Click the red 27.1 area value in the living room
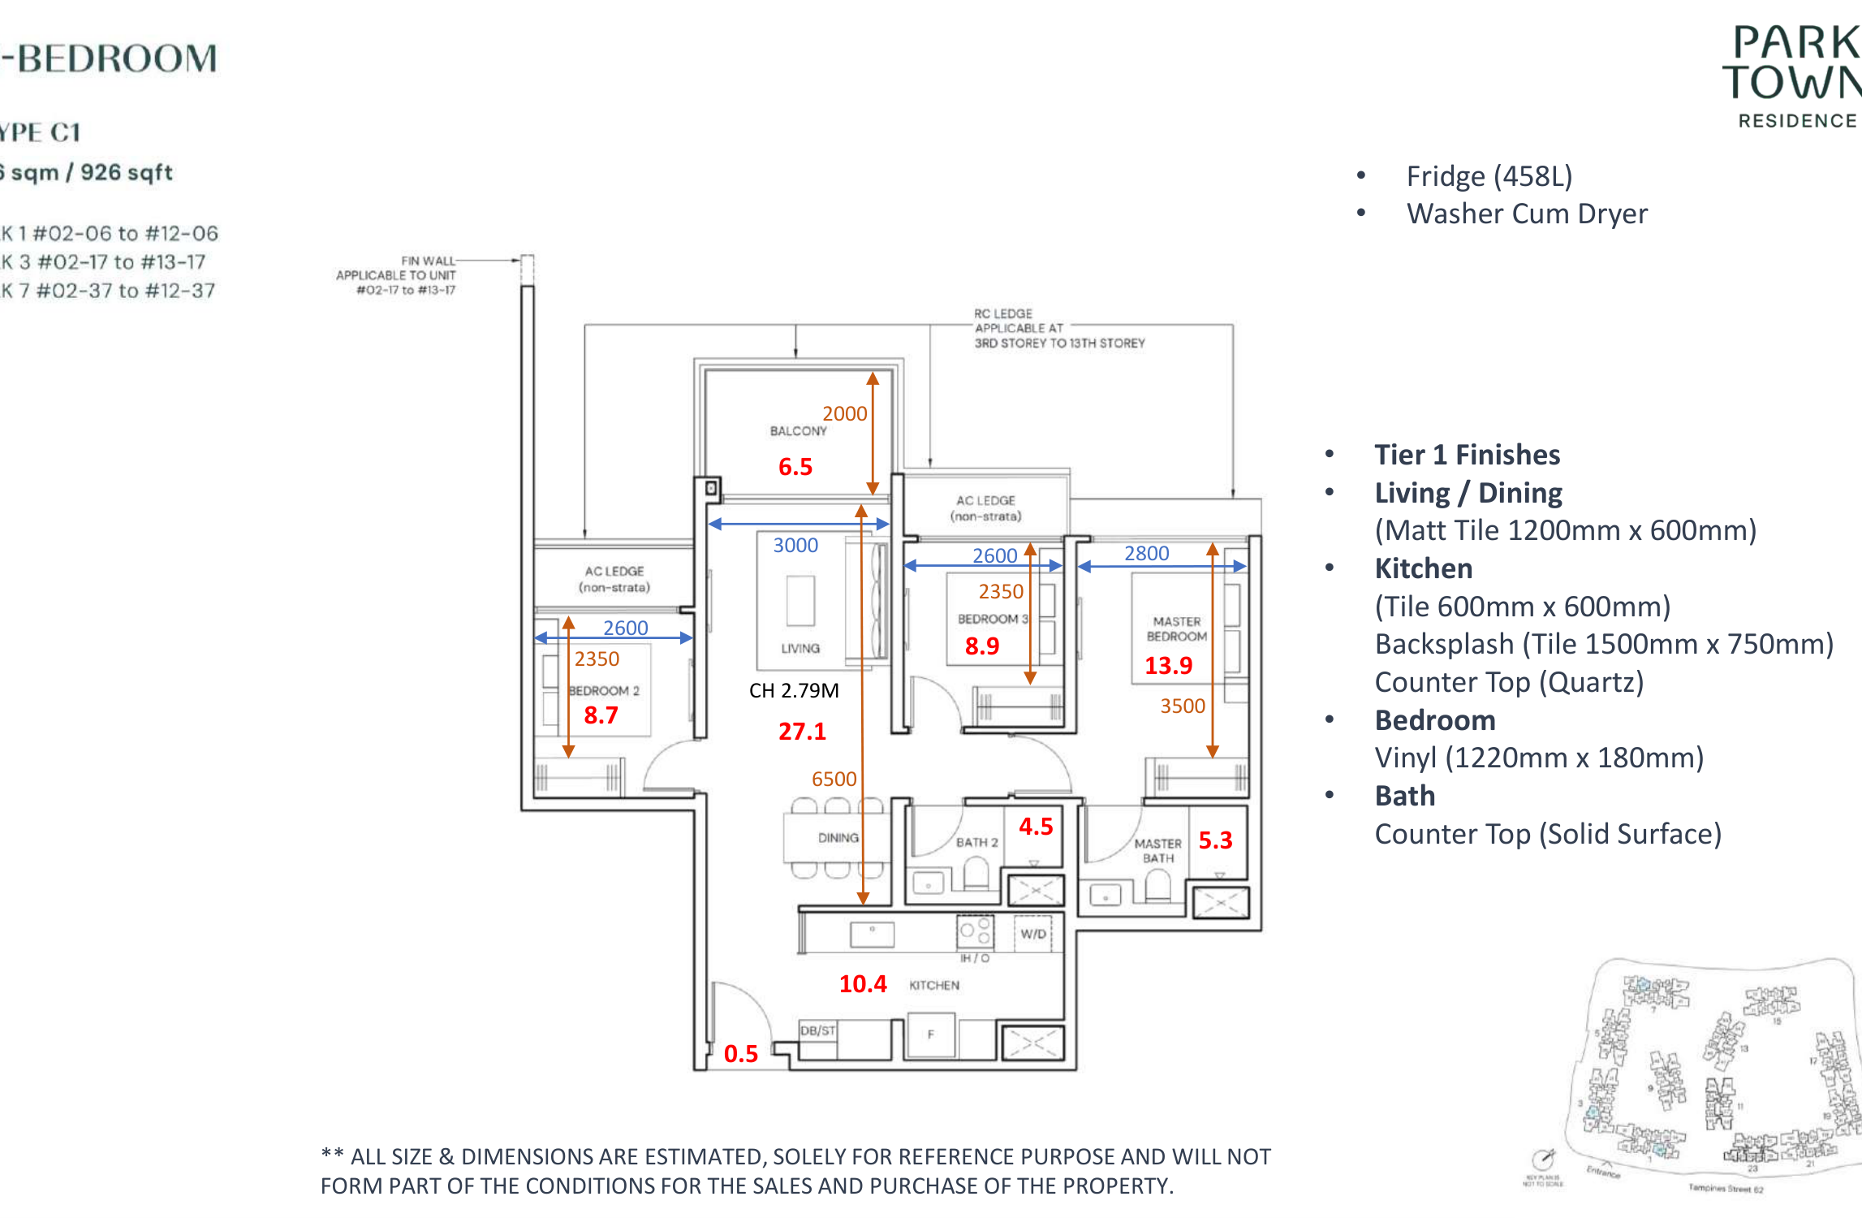[x=802, y=732]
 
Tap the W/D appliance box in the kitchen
[x=1032, y=934]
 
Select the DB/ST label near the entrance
[x=817, y=1030]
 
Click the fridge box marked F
[x=930, y=1034]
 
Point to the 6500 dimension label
[x=834, y=779]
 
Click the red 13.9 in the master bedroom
[x=1168, y=666]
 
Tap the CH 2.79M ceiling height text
[x=793, y=691]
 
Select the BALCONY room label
[x=798, y=431]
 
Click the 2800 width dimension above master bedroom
[x=1146, y=554]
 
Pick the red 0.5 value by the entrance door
[x=740, y=1054]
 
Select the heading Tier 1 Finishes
[x=1467, y=455]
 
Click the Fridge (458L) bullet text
[x=1489, y=176]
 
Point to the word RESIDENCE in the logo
[x=1797, y=121]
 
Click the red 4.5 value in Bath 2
[x=1036, y=827]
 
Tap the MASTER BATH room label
[x=1157, y=851]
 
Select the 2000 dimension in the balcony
[x=844, y=414]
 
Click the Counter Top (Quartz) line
[x=1508, y=682]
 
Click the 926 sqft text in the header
[x=127, y=172]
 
